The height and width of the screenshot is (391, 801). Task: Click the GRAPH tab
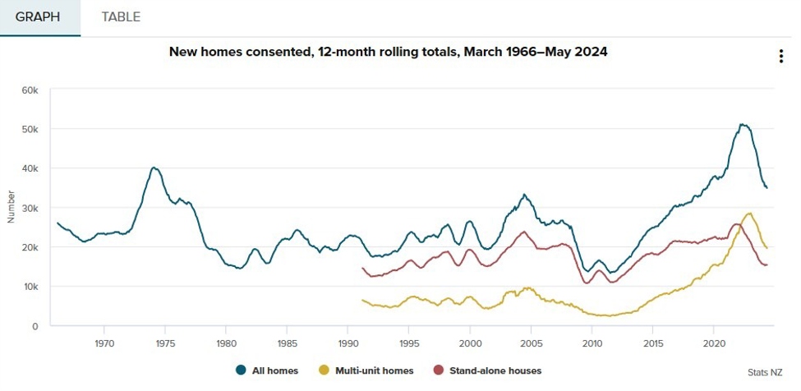[39, 17]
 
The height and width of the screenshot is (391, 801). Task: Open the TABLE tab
[121, 17]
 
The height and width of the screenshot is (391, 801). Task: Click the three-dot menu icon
[780, 57]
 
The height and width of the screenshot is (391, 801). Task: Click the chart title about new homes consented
[388, 52]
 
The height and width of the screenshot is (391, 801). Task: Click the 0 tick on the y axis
[35, 326]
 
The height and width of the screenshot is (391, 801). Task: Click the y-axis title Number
[12, 207]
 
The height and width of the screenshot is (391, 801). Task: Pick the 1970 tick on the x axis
[104, 342]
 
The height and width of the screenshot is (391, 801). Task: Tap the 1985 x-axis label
[287, 342]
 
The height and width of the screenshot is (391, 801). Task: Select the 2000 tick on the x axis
[470, 342]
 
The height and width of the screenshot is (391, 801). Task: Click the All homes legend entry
[267, 370]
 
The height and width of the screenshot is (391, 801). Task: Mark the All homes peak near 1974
[154, 168]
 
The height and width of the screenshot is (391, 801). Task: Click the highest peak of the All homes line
[742, 125]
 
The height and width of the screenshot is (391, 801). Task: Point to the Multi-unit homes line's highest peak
[748, 214]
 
